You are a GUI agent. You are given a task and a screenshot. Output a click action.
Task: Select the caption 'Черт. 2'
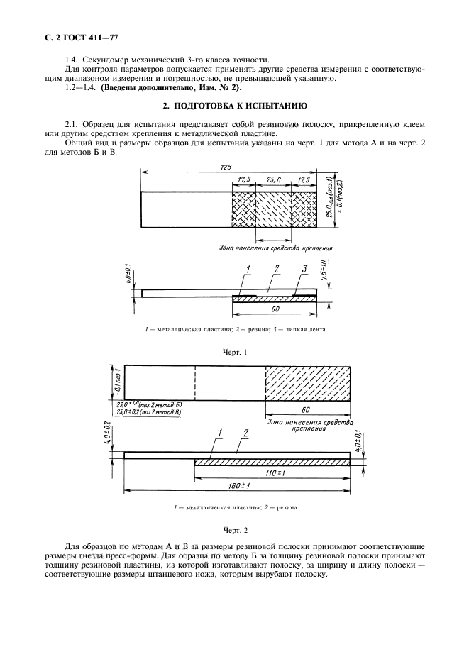point(234,529)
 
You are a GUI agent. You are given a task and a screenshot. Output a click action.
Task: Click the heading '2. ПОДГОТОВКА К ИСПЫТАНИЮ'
point(234,106)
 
